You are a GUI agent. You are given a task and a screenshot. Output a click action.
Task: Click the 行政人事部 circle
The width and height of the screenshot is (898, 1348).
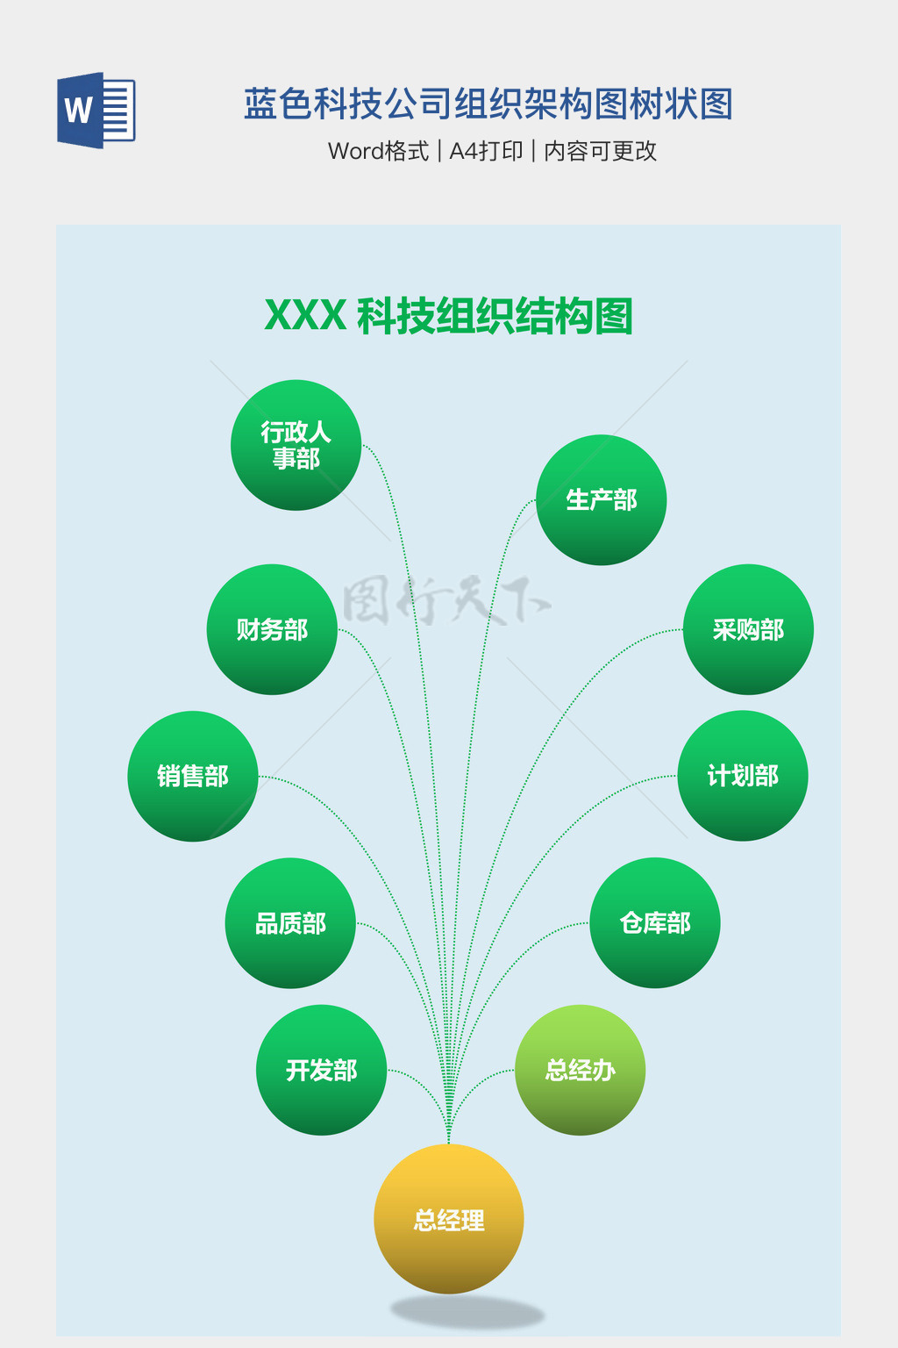tap(296, 445)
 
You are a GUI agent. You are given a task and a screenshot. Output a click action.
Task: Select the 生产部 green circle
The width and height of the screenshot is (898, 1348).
tap(601, 500)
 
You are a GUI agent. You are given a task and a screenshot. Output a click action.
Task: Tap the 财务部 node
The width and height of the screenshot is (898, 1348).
tap(272, 629)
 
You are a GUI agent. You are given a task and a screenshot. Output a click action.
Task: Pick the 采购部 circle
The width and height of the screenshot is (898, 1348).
tap(748, 629)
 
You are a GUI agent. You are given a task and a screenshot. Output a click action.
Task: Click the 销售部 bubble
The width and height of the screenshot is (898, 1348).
tap(193, 776)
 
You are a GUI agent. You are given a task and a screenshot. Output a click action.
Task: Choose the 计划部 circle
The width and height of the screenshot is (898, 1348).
tap(743, 776)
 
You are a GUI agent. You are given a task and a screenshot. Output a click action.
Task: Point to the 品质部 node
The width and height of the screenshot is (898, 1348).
tap(290, 923)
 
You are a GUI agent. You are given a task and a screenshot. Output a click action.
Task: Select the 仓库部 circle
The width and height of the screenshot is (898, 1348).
tap(655, 923)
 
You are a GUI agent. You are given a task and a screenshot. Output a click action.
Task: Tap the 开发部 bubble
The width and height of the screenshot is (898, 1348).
tap(321, 1070)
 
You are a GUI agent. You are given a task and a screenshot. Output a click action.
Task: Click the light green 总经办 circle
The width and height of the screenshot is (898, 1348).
tap(580, 1070)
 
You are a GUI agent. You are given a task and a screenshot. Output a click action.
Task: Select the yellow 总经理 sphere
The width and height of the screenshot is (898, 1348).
tap(449, 1219)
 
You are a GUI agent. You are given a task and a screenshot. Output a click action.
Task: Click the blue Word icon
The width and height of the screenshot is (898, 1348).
tap(96, 111)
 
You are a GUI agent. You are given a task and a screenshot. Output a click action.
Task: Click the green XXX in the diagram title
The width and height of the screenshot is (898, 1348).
tap(305, 316)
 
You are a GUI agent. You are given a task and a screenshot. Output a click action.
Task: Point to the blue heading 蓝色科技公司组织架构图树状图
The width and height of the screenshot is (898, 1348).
tap(488, 104)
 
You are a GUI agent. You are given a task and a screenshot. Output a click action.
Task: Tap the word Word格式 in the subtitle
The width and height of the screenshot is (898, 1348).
tap(378, 151)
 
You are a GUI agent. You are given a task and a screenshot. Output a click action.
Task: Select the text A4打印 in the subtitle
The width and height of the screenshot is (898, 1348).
tap(486, 151)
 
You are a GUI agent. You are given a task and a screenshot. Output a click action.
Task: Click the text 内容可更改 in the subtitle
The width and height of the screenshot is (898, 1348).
tap(600, 151)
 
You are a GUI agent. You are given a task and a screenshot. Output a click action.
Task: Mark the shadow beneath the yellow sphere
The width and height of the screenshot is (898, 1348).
tap(467, 1313)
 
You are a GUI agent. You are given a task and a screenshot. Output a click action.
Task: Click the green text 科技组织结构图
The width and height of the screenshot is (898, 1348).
tap(495, 316)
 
